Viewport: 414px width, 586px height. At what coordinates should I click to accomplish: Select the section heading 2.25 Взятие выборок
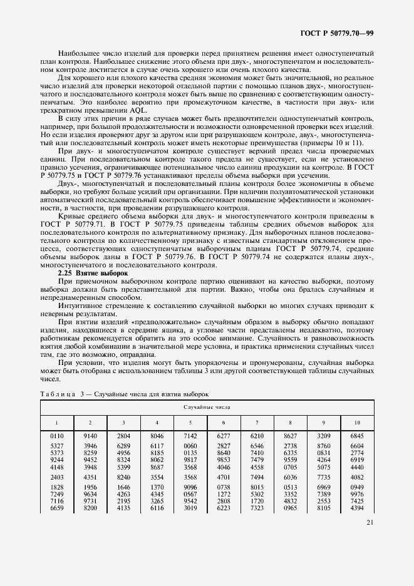coord(93,274)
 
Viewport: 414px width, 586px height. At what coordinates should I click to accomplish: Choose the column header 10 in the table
coord(357,423)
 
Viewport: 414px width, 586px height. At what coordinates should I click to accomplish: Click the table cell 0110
coord(58,434)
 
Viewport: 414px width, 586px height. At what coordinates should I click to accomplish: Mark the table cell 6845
coord(357,434)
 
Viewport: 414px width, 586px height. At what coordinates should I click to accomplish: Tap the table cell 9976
coord(357,494)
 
